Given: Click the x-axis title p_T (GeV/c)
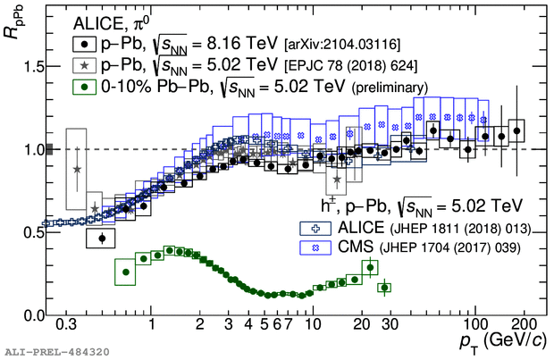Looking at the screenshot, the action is point(503,342).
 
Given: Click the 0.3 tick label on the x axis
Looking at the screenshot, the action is point(66,324).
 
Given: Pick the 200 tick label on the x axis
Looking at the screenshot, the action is point(524,324).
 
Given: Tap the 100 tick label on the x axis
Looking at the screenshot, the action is point(475,324).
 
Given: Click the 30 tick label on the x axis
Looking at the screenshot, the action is point(390,324).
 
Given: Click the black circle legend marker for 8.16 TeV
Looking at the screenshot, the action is point(85,44).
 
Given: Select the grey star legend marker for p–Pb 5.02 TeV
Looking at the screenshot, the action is point(85,65).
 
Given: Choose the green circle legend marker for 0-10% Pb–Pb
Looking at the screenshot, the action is point(85,87).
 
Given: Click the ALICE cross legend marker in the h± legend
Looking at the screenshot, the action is point(315,229).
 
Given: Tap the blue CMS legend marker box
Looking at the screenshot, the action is point(315,247).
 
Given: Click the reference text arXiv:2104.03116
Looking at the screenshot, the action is point(342,45).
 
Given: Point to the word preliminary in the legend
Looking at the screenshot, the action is point(390,88).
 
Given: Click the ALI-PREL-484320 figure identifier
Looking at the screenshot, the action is point(57,352).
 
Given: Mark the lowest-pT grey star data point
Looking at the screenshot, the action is point(77,170).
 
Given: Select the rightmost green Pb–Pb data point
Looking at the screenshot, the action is point(384,288).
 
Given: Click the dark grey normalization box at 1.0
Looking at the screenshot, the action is point(49,149).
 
